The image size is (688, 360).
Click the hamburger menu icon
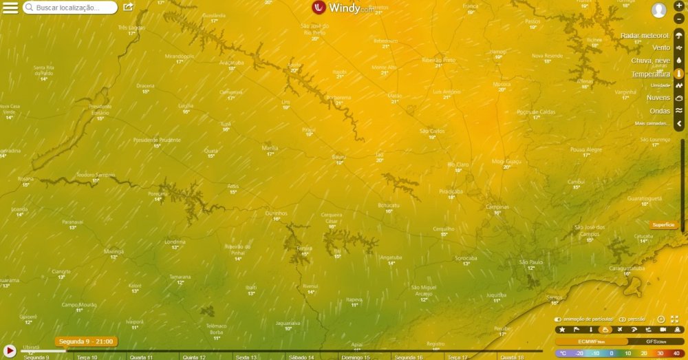10,8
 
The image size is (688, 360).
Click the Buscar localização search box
70,8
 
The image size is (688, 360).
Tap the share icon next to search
128,7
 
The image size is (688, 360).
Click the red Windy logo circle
319,8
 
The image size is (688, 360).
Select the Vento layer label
660,47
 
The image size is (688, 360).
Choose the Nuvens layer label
658,98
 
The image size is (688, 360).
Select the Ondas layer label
659,111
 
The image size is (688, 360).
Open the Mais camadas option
652,123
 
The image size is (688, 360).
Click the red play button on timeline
10,351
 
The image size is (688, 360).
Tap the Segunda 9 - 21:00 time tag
86,341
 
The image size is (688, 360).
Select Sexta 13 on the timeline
246,357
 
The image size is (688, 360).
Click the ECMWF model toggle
590,341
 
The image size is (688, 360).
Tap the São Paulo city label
531,262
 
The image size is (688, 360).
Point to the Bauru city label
338,157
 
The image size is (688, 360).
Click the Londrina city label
175,242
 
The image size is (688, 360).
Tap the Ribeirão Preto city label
438,60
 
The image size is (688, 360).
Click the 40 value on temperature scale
676,353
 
